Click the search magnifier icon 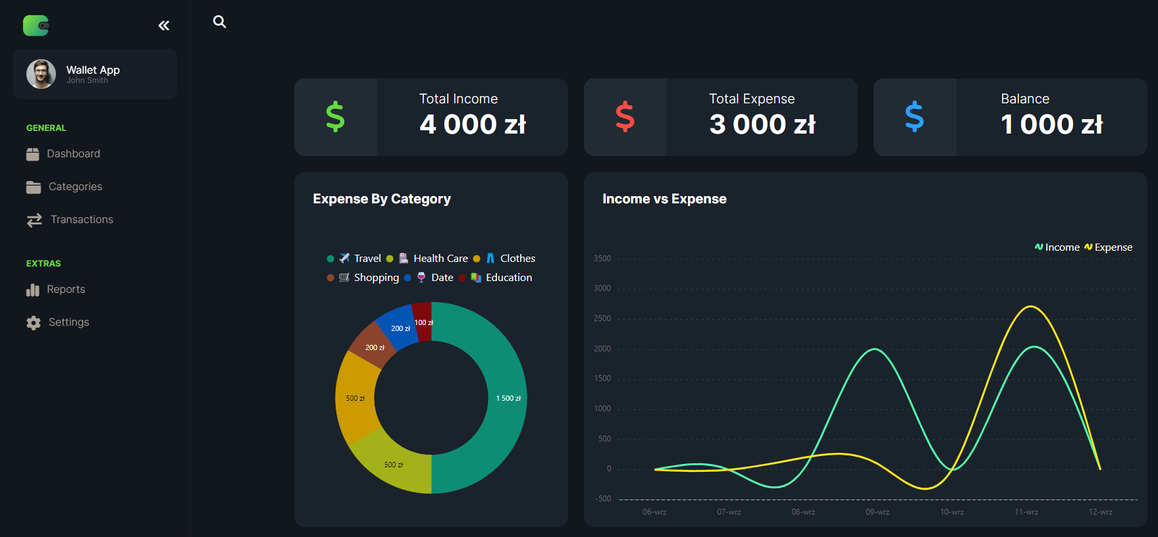coord(219,22)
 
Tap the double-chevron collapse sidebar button coord(164,26)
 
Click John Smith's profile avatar coord(41,74)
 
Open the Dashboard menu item coord(73,153)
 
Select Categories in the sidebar coord(75,186)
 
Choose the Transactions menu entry coord(82,219)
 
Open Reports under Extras coord(66,289)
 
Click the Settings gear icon coord(34,322)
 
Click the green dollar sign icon coord(335,117)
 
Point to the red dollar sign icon coord(625,117)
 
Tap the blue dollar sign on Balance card coord(914,117)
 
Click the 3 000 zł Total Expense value coord(762,124)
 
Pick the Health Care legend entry coord(440,259)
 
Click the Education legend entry coord(508,278)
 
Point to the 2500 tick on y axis coord(602,319)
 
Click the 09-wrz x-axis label coord(877,512)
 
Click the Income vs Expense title coord(664,199)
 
